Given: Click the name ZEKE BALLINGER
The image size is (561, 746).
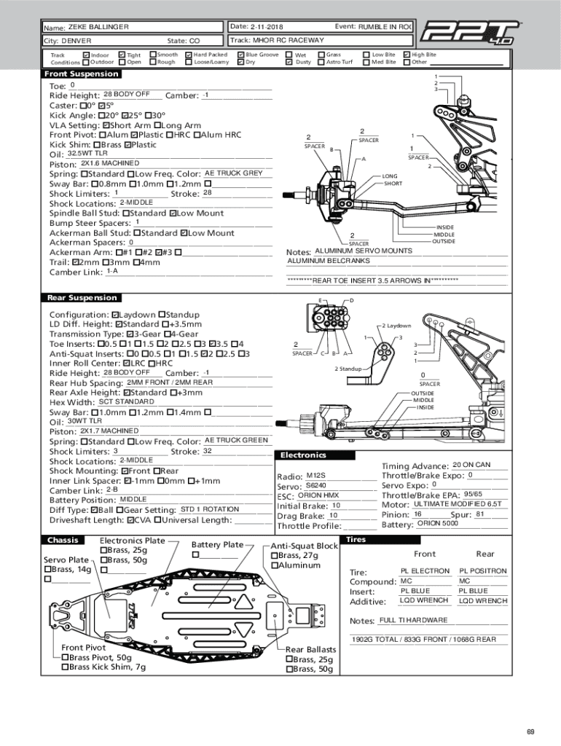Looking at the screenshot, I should (98, 27).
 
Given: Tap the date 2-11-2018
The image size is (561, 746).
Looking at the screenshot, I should (267, 27).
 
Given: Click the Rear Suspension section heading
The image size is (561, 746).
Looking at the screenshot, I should (82, 297).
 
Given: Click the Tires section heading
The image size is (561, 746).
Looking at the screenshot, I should (356, 540).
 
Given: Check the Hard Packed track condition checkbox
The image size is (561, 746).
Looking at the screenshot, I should (189, 55).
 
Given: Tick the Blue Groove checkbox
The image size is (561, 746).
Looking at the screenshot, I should (241, 55).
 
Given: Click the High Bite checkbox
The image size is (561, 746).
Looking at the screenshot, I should (407, 55).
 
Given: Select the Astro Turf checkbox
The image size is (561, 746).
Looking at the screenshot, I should (321, 62).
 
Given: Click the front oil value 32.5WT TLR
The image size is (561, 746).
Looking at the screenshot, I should (87, 154).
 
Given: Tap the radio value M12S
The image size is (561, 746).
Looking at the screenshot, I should (315, 476).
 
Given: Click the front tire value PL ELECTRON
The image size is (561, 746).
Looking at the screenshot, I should (425, 571).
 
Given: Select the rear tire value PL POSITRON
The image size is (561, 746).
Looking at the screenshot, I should (482, 571).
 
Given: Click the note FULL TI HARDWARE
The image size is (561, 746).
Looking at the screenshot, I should (413, 620).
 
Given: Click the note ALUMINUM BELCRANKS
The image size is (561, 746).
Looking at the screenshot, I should (329, 261).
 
